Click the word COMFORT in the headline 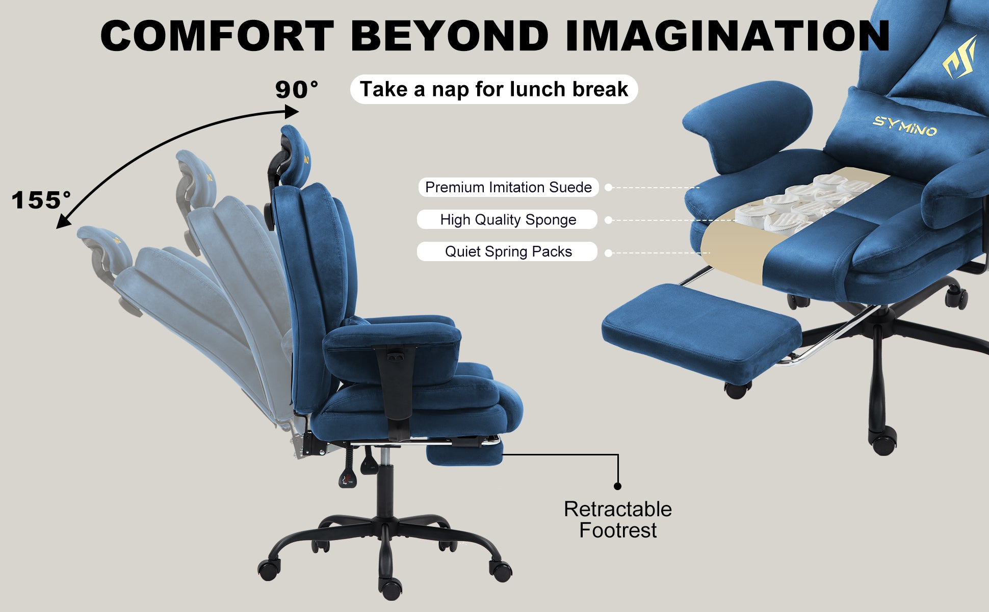click(218, 36)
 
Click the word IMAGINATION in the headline click(727, 36)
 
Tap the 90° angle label click(297, 90)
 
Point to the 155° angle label click(41, 200)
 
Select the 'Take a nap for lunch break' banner click(494, 89)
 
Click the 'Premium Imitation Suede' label click(508, 187)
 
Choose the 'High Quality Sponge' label click(508, 219)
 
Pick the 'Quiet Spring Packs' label click(508, 251)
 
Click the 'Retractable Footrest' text click(618, 520)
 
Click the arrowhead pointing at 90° click(292, 111)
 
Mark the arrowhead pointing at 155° click(63, 221)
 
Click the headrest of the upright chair click(293, 155)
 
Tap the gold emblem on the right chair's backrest click(959, 57)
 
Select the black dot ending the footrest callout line click(618, 486)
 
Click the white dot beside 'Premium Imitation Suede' click(608, 188)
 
